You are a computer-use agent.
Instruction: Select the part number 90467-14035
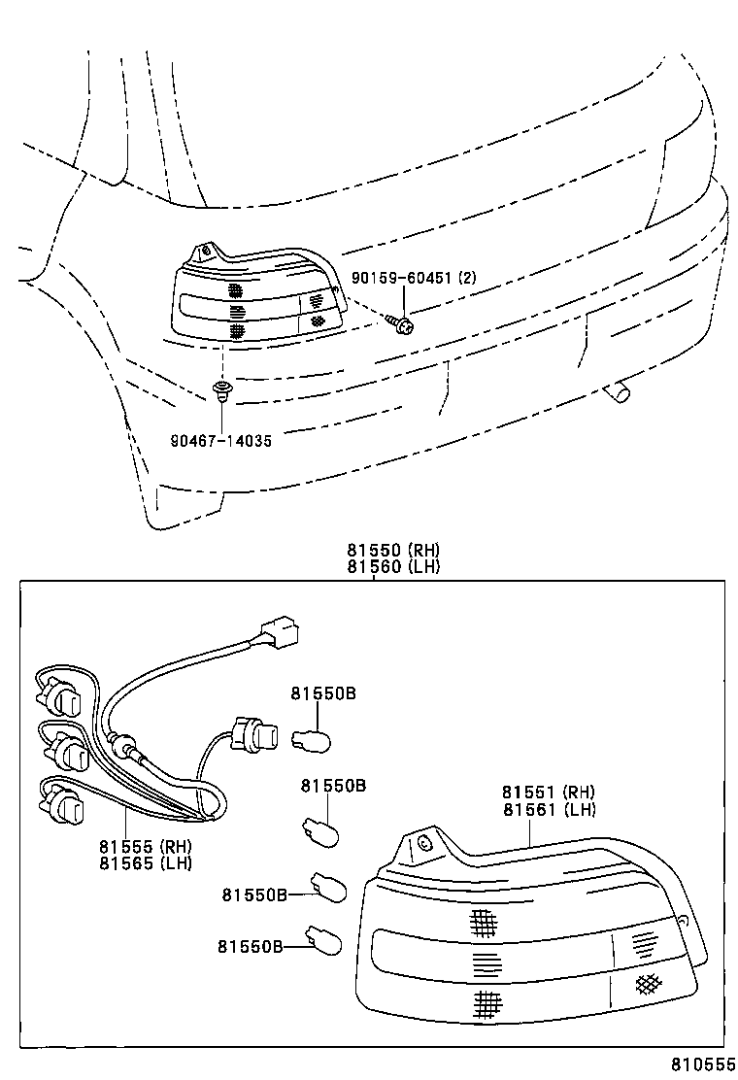coord(220,440)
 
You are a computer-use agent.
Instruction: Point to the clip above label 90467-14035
coord(222,390)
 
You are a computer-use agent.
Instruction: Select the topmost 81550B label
coord(323,694)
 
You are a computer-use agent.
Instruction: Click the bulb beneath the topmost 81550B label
coord(314,741)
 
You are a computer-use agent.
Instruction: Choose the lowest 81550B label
coord(250,945)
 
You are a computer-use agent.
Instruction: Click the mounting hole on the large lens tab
coord(422,843)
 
